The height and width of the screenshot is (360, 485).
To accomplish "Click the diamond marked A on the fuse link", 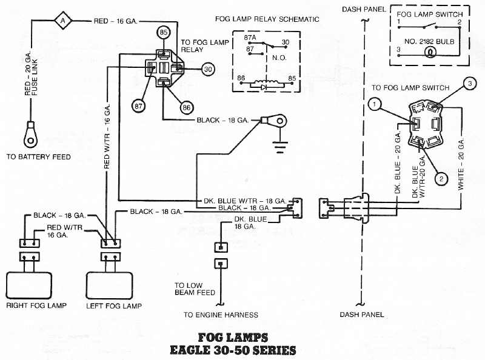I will [x=62, y=21].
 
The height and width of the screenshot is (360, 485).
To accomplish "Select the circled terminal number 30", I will [x=208, y=69].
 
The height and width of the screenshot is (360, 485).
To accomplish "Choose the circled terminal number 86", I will [x=186, y=108].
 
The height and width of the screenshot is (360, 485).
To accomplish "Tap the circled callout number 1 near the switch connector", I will [x=376, y=105].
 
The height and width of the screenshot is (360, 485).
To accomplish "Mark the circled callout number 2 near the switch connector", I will [x=442, y=178].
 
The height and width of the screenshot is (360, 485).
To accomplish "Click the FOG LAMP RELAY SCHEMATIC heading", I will [x=267, y=19].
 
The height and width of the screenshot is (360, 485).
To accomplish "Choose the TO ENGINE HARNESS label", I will [x=221, y=315].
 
